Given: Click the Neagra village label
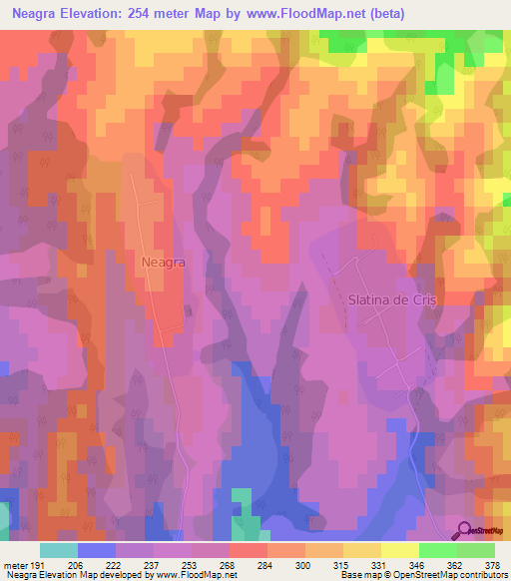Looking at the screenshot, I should tap(164, 261).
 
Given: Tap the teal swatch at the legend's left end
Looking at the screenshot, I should tap(59, 550).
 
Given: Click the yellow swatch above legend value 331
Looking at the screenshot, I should tap(361, 550).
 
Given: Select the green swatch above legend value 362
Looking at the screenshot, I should tap(437, 550).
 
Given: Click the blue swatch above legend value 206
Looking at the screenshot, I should tap(97, 550).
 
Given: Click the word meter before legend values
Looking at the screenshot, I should tap(17, 564).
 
